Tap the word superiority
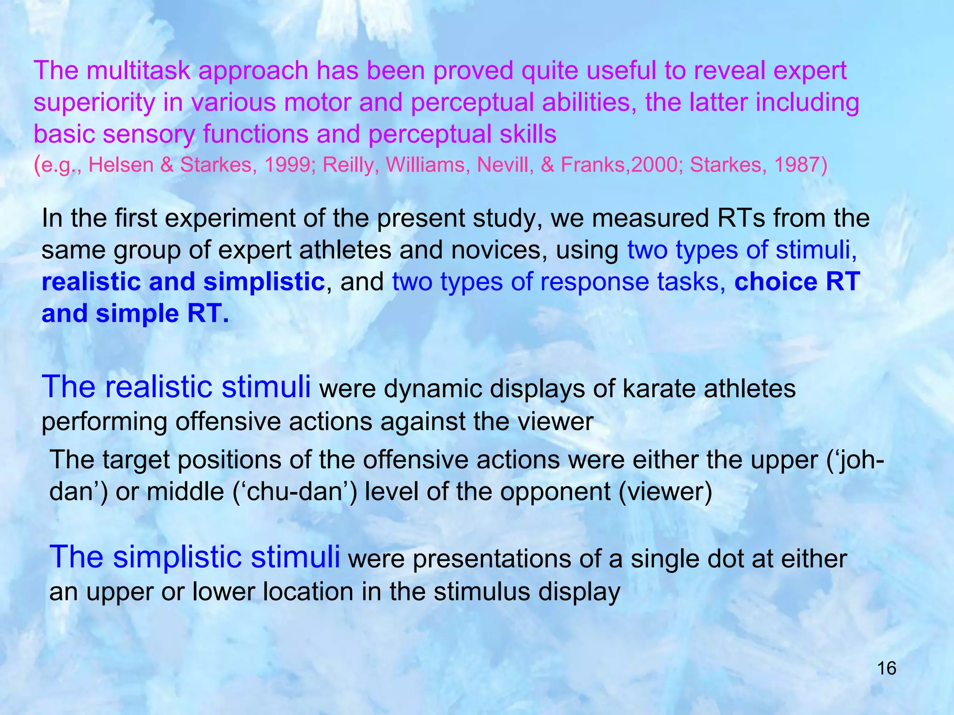tap(94, 102)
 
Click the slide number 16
tap(886, 668)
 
